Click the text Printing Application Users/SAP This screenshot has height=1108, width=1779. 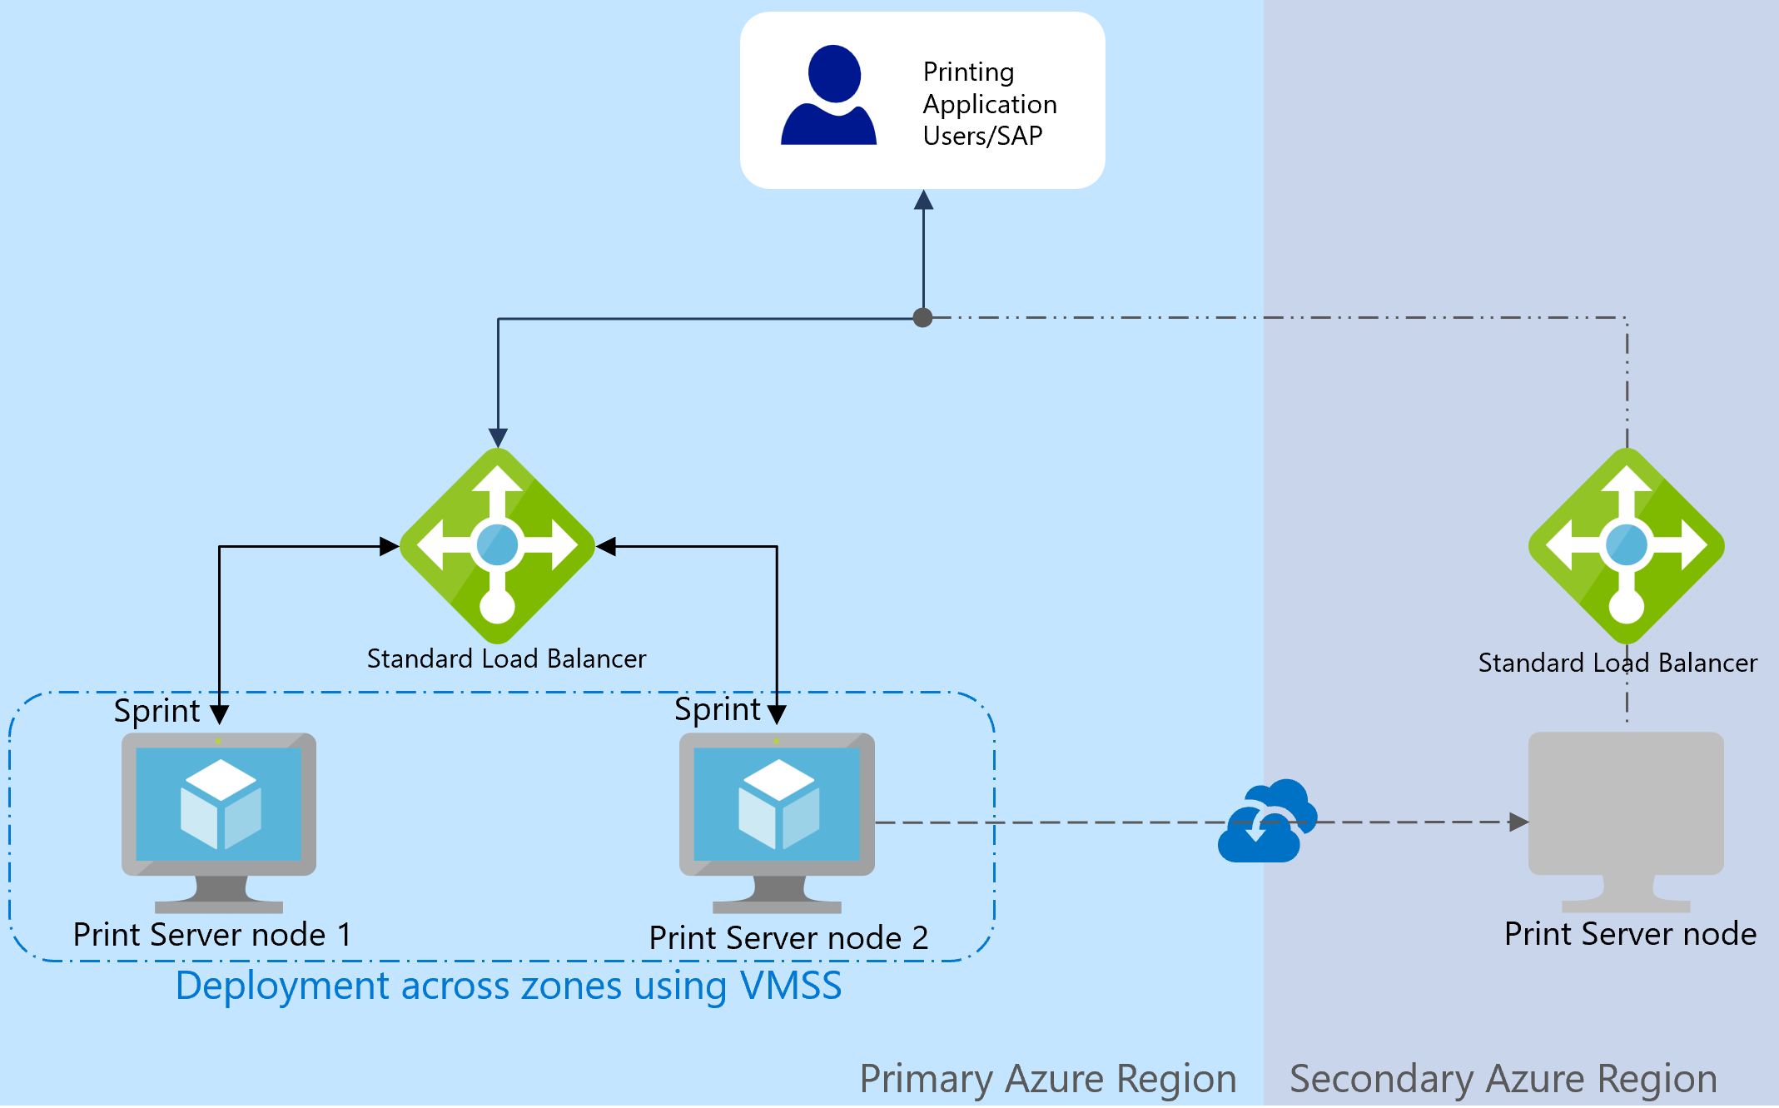click(989, 104)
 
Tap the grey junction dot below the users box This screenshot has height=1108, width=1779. click(922, 317)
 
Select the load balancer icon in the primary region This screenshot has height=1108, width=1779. click(498, 545)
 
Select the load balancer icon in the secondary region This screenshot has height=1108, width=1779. click(1626, 545)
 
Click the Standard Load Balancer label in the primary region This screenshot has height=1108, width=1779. click(506, 658)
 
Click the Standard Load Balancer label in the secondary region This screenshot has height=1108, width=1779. click(1617, 663)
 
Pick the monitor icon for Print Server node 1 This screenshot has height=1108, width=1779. click(219, 820)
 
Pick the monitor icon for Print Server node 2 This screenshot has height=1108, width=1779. click(777, 820)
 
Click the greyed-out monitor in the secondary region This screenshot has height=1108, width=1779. click(1626, 820)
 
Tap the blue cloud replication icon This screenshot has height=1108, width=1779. click(1266, 822)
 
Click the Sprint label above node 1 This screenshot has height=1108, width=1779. click(157, 711)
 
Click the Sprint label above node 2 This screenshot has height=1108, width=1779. click(717, 709)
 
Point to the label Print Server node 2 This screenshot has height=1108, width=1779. click(788, 938)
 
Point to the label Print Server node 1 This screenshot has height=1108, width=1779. click(212, 934)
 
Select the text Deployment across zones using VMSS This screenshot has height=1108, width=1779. click(509, 986)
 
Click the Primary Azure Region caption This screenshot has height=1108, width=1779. click(1047, 1079)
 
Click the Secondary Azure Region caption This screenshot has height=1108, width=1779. click(1503, 1079)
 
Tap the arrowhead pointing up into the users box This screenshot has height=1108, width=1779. click(923, 201)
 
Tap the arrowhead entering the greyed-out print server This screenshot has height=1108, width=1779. click(1518, 822)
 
